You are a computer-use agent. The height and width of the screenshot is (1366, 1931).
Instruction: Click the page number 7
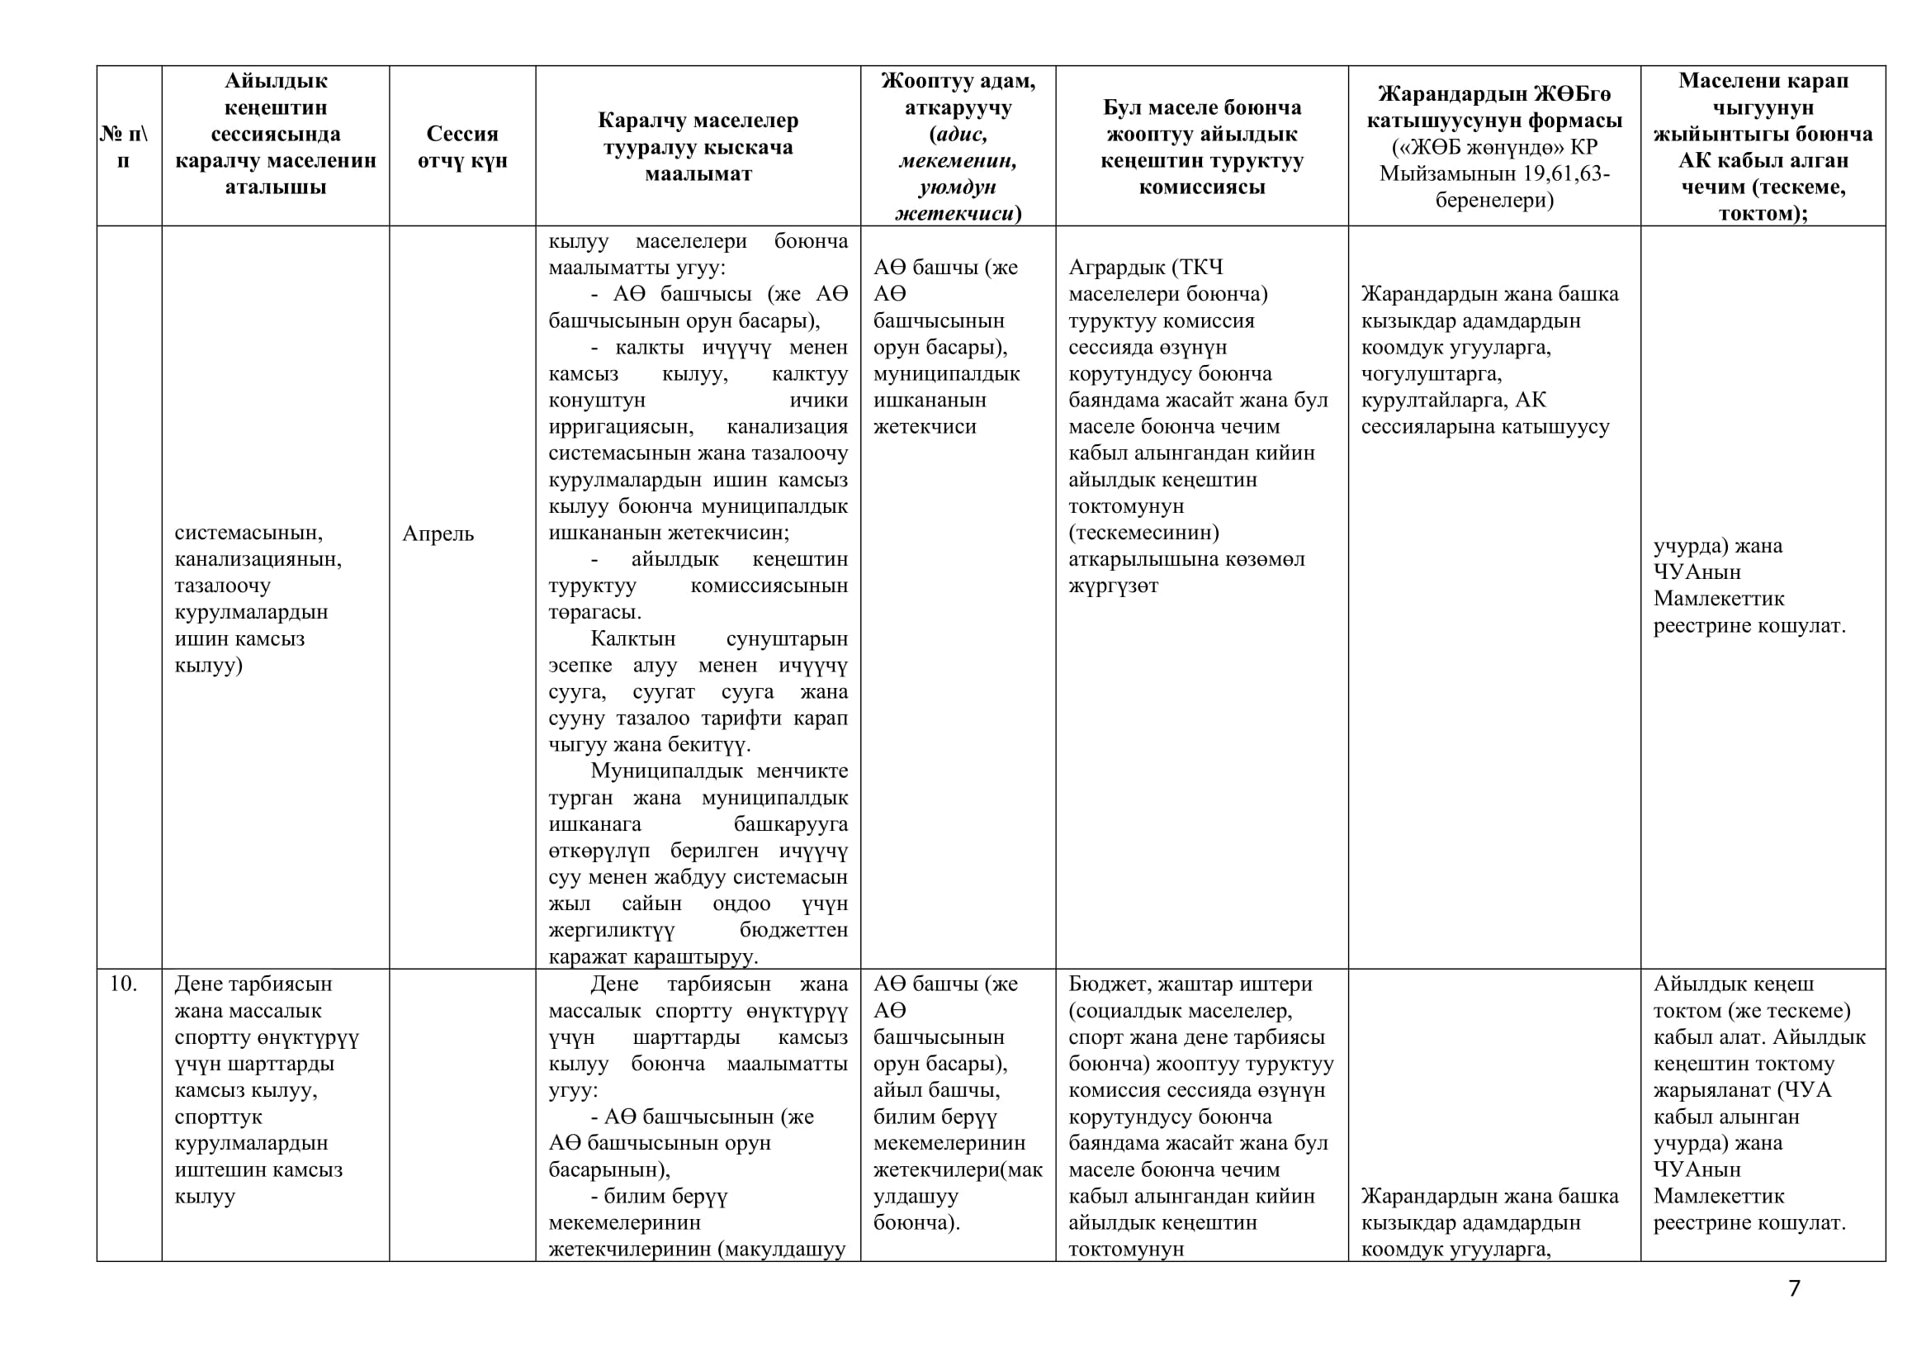pyautogui.click(x=1794, y=1288)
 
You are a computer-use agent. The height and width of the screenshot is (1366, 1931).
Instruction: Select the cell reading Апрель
pyautogui.click(x=438, y=534)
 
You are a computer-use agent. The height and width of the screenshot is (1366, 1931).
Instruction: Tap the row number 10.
pyautogui.click(x=123, y=984)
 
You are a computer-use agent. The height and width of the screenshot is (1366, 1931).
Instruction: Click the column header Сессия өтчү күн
pyautogui.click(x=462, y=146)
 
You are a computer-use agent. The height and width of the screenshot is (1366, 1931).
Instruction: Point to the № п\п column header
pyautogui.click(x=124, y=146)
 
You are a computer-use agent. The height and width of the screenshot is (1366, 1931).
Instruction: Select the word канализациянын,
pyautogui.click(x=258, y=558)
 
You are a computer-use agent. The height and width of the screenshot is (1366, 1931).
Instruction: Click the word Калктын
pyautogui.click(x=632, y=638)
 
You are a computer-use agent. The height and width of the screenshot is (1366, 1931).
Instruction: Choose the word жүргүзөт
pyautogui.click(x=1113, y=586)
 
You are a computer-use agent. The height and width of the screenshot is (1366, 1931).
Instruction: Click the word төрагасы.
pyautogui.click(x=594, y=611)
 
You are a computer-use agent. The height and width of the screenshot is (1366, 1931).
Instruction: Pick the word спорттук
pyautogui.click(x=219, y=1117)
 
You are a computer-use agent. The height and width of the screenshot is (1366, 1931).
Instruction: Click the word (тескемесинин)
pyautogui.click(x=1143, y=533)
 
